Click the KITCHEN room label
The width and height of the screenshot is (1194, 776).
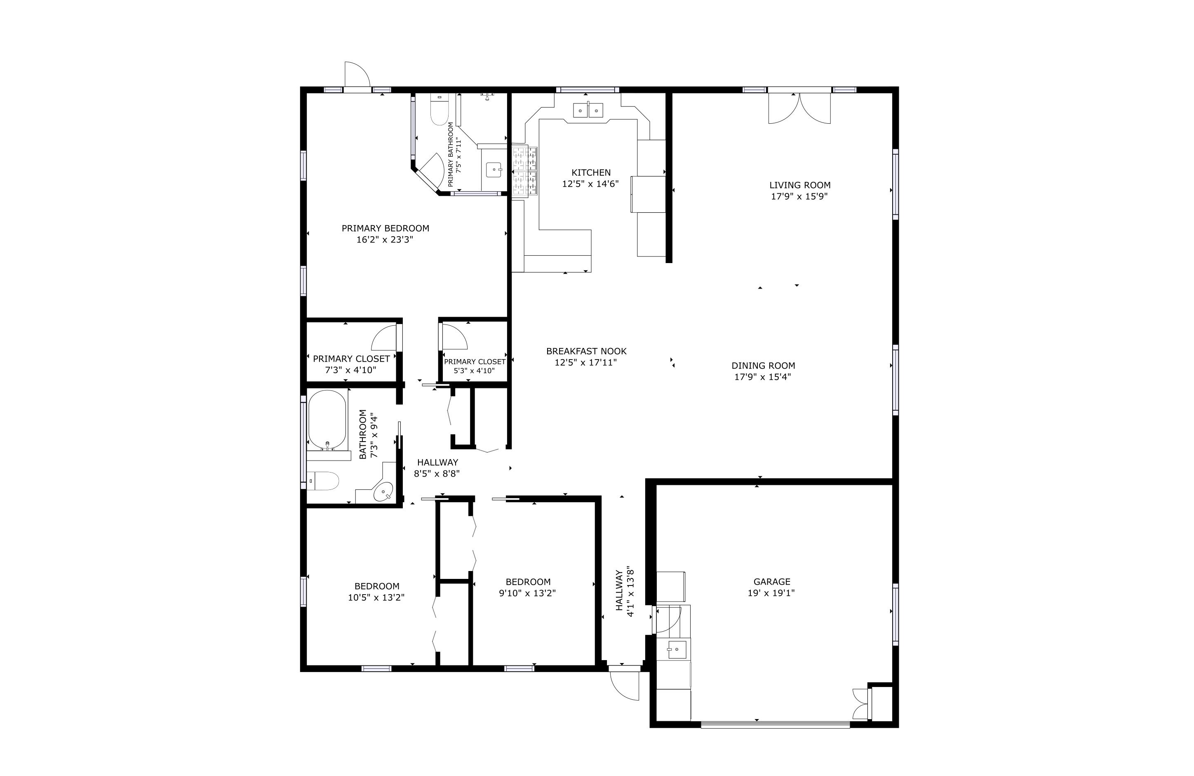tap(590, 172)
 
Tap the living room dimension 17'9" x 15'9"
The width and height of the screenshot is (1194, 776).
tap(799, 197)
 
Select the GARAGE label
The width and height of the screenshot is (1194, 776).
tap(771, 581)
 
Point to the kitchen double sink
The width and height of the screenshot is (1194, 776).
tap(588, 110)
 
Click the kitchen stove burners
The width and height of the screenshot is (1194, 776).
tap(525, 171)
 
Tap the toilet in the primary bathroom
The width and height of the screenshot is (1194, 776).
tap(439, 111)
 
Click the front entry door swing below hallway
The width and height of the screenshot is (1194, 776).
tap(625, 685)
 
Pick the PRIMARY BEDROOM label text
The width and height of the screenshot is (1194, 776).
tap(385, 228)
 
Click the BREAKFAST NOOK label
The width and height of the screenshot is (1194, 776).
tap(586, 351)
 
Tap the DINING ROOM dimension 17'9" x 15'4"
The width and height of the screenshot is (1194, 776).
tap(763, 377)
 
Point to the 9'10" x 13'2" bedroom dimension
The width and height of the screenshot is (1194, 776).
tap(527, 593)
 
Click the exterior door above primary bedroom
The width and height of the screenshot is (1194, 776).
tap(357, 75)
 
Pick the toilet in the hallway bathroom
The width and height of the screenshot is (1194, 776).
tap(322, 480)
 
